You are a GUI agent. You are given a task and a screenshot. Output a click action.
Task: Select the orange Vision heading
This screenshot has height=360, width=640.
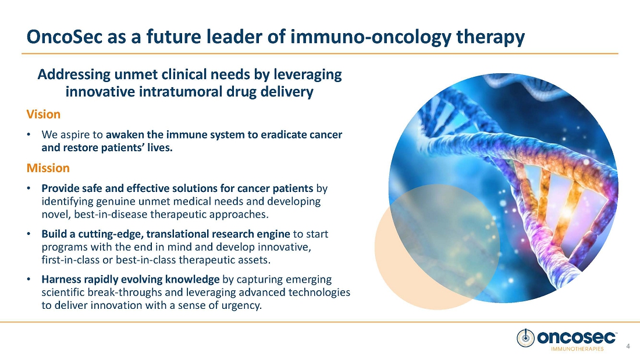click(x=43, y=115)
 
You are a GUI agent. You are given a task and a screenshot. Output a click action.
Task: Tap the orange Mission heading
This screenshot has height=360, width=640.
click(x=48, y=168)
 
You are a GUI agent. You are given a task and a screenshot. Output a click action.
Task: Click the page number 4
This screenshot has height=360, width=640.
click(x=628, y=347)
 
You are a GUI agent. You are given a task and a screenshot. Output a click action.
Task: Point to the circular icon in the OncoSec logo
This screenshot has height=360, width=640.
click(x=525, y=338)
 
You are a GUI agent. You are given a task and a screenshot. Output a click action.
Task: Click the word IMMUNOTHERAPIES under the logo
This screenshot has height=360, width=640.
click(x=577, y=349)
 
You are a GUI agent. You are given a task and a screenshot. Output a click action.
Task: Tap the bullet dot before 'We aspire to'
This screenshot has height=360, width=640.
click(x=29, y=135)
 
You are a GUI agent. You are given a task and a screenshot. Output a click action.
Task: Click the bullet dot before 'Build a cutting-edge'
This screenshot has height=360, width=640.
click(x=29, y=234)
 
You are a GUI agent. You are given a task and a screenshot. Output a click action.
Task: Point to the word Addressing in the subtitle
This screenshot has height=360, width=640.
click(x=74, y=74)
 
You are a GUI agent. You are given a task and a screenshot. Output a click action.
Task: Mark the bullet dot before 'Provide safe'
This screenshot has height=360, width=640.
click(x=29, y=188)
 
